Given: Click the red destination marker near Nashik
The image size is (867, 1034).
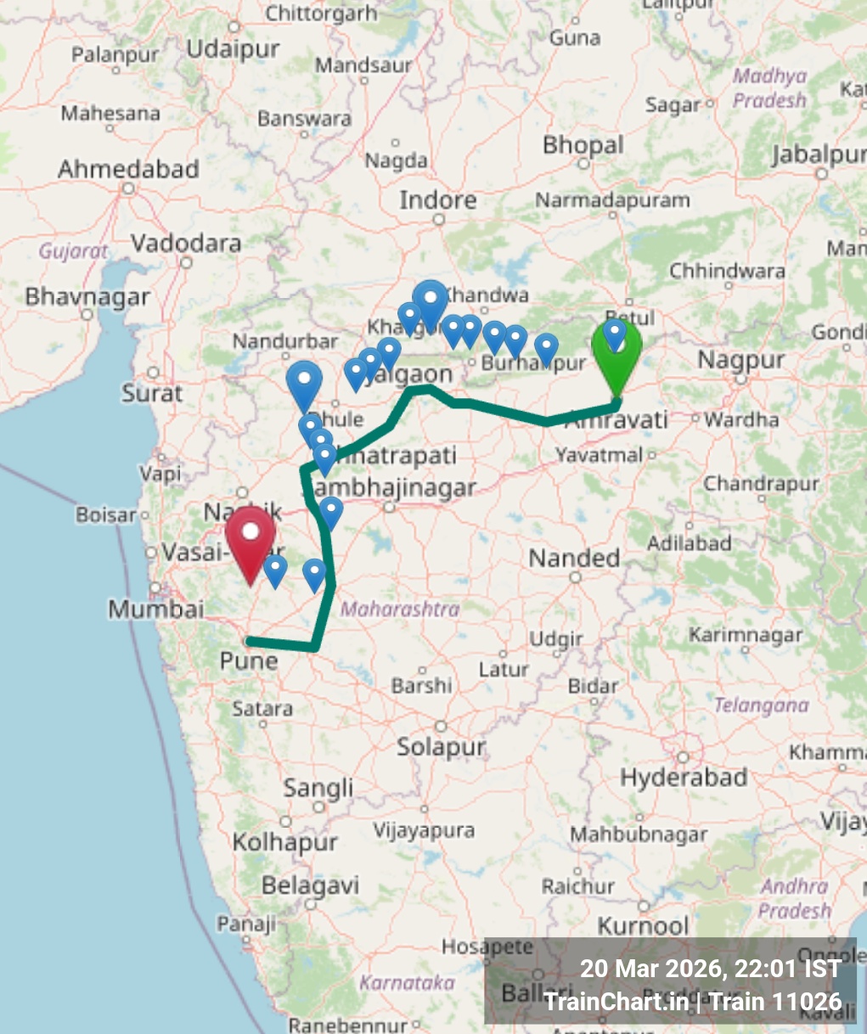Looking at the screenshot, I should tap(251, 540).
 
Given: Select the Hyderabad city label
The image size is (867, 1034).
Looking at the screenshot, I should tap(684, 777).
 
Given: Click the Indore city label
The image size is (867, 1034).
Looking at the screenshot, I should tap(438, 200).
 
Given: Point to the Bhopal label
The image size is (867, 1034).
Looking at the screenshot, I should tap(583, 145).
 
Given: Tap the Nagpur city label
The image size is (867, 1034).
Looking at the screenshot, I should tap(741, 360).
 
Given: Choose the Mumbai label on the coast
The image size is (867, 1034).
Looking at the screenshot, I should tap(156, 609).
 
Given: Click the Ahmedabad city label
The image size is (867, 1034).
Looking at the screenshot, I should tap(128, 169).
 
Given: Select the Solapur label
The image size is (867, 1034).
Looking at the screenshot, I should tap(441, 747).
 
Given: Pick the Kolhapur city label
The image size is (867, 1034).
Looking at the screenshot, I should tap(285, 842).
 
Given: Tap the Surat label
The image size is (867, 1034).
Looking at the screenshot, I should tap(152, 393).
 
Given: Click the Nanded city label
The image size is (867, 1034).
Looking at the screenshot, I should tap(575, 558).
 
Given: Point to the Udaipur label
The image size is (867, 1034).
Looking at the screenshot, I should tap(233, 49).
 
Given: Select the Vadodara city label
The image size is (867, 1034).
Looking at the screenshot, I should tap(186, 244).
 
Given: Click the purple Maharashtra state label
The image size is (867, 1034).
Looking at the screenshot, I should tap(400, 609).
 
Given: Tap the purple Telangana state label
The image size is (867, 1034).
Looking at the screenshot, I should tap(761, 705).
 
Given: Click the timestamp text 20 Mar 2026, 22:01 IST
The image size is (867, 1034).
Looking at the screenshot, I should tap(711, 969).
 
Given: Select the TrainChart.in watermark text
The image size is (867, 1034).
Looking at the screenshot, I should tap(616, 1001).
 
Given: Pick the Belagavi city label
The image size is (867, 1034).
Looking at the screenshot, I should tap(310, 885).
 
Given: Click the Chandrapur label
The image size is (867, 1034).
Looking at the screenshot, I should tap(761, 484).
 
